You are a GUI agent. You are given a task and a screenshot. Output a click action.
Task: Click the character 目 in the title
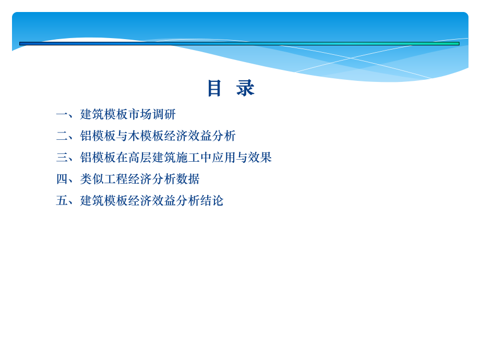coord(214,88)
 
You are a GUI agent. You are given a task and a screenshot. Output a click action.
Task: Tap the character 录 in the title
coord(245,88)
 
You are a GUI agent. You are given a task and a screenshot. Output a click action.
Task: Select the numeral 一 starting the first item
coord(62,114)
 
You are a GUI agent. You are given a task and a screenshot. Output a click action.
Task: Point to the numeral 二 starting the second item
coord(62,136)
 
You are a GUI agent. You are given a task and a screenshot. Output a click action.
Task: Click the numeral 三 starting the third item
coord(62,158)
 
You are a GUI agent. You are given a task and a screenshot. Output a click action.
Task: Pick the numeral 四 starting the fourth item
coord(62,179)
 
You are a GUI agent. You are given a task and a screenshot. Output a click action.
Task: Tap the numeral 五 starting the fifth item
coord(62,201)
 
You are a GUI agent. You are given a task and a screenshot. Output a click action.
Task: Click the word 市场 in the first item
coord(140,114)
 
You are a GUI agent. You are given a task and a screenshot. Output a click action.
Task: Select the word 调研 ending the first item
coord(164,114)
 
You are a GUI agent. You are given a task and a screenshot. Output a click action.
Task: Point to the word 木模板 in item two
coord(146,136)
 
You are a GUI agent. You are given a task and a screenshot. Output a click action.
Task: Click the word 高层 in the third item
coord(140,158)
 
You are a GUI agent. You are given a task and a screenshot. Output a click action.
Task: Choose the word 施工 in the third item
coord(188,158)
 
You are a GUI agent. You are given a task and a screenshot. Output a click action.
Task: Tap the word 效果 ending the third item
coord(260,158)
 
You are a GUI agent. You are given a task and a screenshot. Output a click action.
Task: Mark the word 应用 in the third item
coord(224,158)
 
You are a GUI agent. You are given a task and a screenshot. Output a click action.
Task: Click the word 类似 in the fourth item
coord(92,179)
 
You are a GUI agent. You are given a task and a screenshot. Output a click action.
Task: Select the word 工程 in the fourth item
coord(116,179)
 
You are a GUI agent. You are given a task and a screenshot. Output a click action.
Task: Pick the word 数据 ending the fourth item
coord(188,179)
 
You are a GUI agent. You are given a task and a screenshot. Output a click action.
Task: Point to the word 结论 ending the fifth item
coord(212,201)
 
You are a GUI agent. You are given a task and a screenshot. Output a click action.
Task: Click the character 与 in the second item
coord(122,136)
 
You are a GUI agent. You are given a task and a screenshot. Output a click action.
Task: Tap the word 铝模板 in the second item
coord(98,136)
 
